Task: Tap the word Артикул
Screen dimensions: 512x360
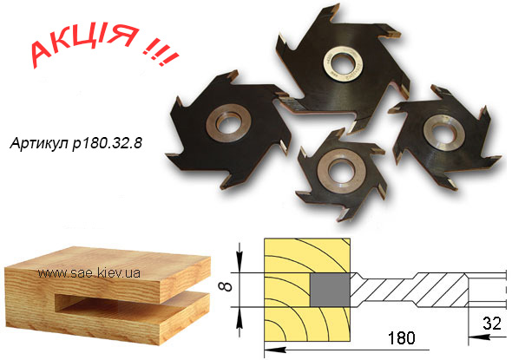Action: (x=40, y=143)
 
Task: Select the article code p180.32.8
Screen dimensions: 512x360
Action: (x=108, y=143)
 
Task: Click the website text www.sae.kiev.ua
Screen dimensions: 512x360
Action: (x=89, y=273)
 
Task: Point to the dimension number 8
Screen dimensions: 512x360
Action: (x=227, y=286)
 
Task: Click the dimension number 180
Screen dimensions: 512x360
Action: (x=401, y=338)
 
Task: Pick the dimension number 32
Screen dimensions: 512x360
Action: (x=492, y=324)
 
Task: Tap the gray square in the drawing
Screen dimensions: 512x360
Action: (x=330, y=290)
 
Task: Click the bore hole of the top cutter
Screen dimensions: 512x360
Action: (x=343, y=62)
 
